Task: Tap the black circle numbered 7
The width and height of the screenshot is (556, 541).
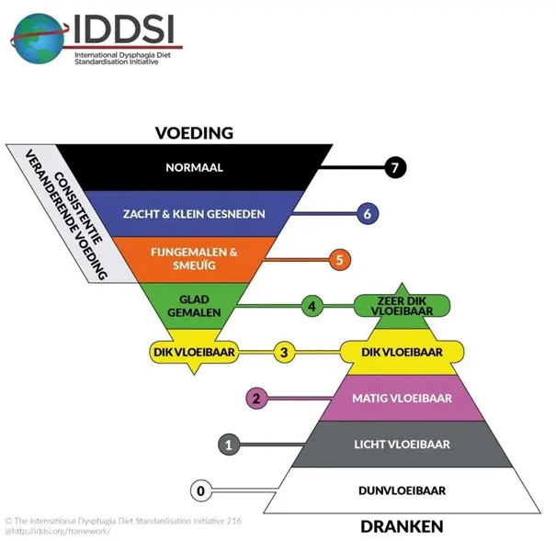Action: [x=395, y=168]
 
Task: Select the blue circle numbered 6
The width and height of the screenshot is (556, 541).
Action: [x=367, y=214]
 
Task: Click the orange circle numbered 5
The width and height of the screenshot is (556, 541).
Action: [x=339, y=260]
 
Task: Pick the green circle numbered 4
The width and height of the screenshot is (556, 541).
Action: [x=312, y=306]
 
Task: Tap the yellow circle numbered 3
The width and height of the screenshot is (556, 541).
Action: [x=285, y=352]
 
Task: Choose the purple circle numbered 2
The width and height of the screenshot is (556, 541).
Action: [x=257, y=399]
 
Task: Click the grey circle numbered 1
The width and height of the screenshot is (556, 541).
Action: [x=230, y=445]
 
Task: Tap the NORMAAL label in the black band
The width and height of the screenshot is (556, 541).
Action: [x=194, y=168]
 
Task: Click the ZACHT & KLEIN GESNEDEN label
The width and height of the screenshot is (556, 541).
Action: [x=194, y=214]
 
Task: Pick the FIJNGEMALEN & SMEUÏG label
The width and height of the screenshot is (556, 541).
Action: [x=194, y=260]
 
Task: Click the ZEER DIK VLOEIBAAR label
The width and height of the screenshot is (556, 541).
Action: [x=402, y=306]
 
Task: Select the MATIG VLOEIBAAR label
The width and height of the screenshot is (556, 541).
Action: [x=402, y=399]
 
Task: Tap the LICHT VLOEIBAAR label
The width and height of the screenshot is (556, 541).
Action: [x=402, y=445]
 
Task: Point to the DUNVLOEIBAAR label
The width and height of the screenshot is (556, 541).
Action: [x=402, y=490]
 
